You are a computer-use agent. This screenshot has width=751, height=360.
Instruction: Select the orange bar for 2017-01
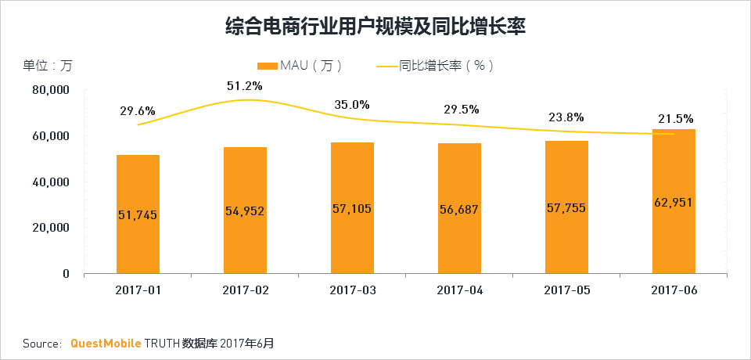[138, 235]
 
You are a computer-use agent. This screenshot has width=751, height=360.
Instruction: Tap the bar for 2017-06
[674, 235]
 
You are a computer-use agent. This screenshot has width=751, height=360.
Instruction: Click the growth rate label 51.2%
[245, 86]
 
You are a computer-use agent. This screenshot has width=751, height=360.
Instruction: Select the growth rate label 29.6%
[138, 111]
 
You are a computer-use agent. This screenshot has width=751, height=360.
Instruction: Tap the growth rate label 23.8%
[566, 117]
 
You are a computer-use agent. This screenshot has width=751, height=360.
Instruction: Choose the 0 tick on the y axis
[66, 274]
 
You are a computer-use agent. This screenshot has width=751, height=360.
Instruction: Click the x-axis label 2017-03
[352, 290]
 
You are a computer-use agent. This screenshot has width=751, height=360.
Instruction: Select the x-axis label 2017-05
[566, 290]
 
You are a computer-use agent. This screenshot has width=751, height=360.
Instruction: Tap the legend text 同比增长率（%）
[446, 66]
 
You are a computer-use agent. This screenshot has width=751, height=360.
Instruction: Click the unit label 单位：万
[47, 66]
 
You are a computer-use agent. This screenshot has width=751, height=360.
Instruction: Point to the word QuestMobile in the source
[106, 343]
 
